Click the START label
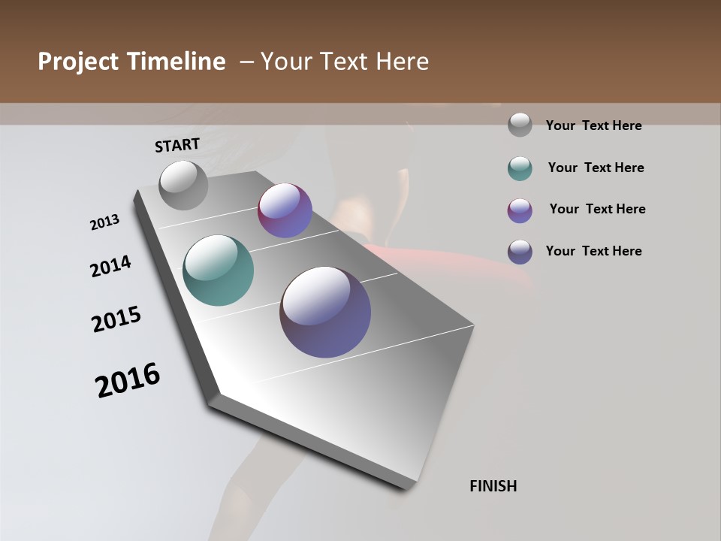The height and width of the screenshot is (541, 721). coord(177,145)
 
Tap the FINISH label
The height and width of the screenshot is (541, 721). coord(493,486)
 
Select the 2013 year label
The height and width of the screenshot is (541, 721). coord(105,222)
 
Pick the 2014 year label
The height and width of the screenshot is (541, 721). coord(110,266)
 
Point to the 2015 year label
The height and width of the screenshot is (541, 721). coord(116,319)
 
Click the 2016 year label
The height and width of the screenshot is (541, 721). coord(128,380)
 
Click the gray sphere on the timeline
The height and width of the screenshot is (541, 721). coord(184,185)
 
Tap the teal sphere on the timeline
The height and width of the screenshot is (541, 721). coord(218,270)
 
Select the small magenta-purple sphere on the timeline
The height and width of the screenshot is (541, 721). coord(285,210)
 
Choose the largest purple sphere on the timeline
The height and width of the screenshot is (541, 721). coord(325,312)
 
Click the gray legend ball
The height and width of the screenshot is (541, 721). coord(520,125)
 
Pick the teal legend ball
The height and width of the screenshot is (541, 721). coord(520,168)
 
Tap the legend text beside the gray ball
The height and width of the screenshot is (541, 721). coord(593,126)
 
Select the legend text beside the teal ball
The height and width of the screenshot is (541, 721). coord(596,168)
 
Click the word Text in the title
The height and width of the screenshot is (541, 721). coord(351,62)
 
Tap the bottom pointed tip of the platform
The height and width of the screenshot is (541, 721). coord(406,487)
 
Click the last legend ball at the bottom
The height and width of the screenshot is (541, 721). coord(520,252)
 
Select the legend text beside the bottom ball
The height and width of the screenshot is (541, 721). coord(593,251)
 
